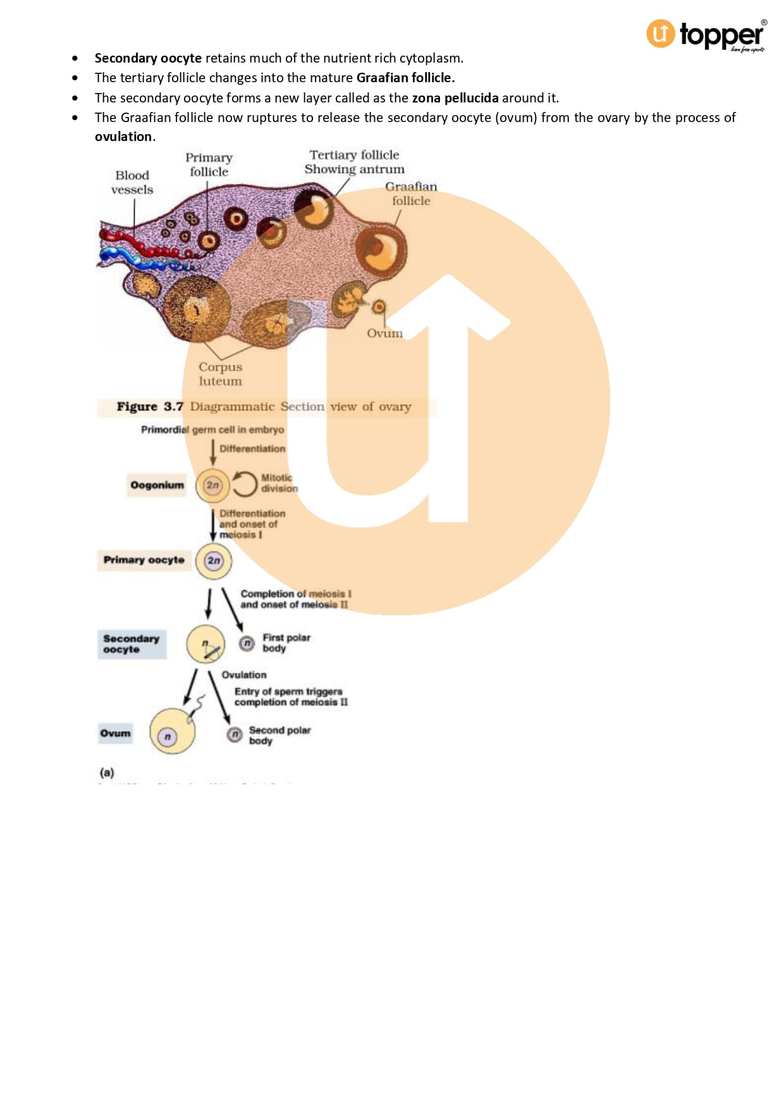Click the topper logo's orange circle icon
tap(660, 34)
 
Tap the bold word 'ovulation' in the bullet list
tap(123, 137)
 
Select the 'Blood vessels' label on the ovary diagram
tap(132, 182)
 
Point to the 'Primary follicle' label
tap(209, 164)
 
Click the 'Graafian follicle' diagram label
tap(411, 194)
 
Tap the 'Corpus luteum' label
tap(220, 374)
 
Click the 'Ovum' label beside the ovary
tap(384, 333)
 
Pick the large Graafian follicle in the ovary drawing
tap(381, 249)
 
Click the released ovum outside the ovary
tap(378, 307)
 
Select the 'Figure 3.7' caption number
tap(150, 407)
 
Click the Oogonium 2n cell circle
tap(212, 486)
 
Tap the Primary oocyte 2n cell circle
tap(214, 561)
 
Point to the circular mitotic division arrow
tap(244, 484)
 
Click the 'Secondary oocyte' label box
tap(132, 644)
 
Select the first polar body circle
tap(247, 643)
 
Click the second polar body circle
tap(235, 734)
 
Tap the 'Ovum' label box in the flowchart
tap(115, 734)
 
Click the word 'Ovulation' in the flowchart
tap(244, 675)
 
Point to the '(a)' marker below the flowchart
tap(107, 772)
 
